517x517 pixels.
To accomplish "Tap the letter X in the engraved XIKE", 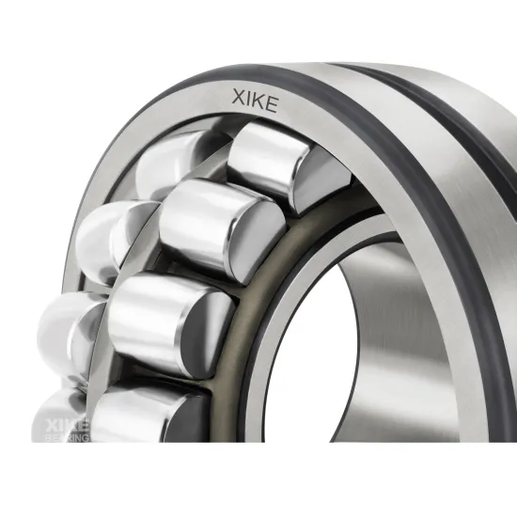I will coord(239,98).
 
